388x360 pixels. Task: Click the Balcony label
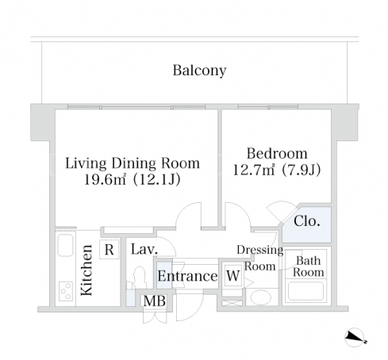tap(199, 71)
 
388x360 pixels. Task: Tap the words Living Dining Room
tap(133, 163)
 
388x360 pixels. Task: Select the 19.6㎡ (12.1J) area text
tap(133, 180)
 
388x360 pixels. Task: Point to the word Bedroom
tap(277, 153)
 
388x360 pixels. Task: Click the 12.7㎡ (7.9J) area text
tap(277, 170)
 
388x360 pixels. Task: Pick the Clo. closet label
tap(307, 221)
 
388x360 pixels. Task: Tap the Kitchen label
tap(86, 270)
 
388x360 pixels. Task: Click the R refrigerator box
tap(109, 250)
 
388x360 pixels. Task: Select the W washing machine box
tap(233, 276)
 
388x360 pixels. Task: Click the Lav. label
tap(144, 249)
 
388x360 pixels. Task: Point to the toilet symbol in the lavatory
tap(140, 278)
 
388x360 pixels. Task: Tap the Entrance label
tap(187, 276)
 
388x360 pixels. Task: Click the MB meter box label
tap(155, 301)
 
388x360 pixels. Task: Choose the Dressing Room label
tap(260, 258)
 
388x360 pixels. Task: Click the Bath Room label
tap(309, 266)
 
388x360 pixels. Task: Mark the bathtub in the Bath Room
tap(305, 291)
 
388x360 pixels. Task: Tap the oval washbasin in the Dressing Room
tap(260, 298)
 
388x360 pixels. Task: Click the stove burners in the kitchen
tap(66, 291)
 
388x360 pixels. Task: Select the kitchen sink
tap(65, 245)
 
